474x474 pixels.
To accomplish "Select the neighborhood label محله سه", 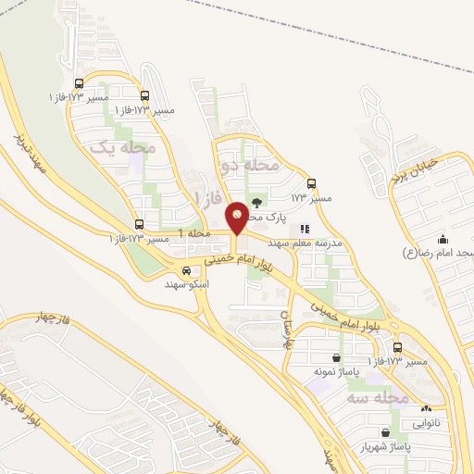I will (378, 397).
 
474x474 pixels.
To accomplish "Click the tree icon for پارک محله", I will (256, 203).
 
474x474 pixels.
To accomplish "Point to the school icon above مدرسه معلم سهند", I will (305, 228).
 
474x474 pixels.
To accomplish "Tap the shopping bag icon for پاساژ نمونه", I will (334, 357).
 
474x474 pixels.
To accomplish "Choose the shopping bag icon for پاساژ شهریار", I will (385, 432).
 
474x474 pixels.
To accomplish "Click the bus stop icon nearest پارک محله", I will (310, 183).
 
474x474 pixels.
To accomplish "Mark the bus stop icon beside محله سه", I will (397, 347).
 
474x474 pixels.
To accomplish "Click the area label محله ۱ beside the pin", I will (195, 233).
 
